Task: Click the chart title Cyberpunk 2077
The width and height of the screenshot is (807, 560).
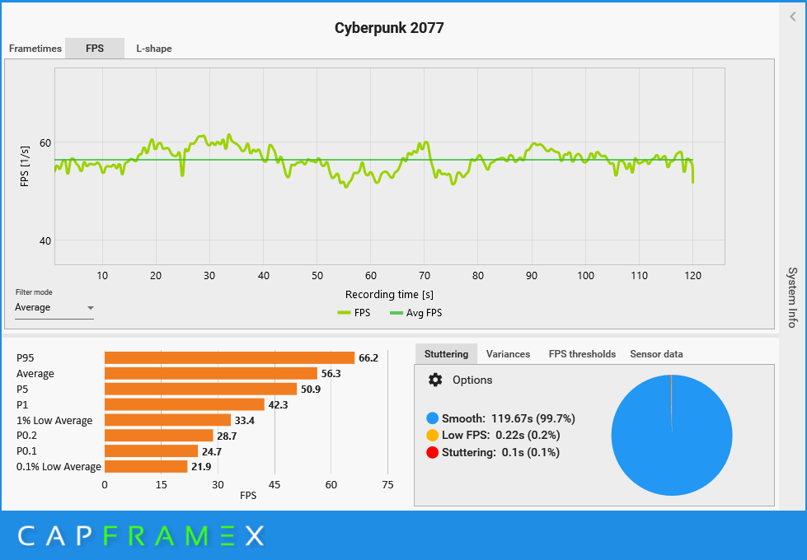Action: click(389, 28)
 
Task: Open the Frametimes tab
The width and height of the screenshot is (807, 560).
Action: click(35, 49)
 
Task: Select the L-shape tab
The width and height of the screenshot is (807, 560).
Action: click(154, 49)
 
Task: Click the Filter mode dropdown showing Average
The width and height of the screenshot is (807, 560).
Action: click(54, 308)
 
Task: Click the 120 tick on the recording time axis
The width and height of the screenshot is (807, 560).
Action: click(692, 276)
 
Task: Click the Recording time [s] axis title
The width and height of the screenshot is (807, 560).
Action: click(389, 294)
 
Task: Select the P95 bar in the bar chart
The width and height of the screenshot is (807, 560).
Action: click(229, 358)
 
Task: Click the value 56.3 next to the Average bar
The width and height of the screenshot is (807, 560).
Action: click(331, 374)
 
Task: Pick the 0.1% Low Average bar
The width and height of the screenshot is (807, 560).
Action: click(146, 467)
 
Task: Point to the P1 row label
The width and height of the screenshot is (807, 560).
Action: click(22, 404)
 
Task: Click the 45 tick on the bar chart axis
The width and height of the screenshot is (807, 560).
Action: click(274, 485)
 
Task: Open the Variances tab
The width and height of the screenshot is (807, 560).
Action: click(508, 354)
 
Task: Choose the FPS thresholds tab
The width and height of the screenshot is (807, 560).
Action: click(582, 354)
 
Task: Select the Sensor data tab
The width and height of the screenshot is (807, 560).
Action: click(656, 354)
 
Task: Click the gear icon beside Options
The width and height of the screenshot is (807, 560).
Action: click(435, 380)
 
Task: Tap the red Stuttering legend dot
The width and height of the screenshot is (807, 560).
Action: click(433, 452)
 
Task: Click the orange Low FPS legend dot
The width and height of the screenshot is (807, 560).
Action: click(433, 435)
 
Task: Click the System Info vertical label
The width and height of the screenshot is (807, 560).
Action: click(792, 297)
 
